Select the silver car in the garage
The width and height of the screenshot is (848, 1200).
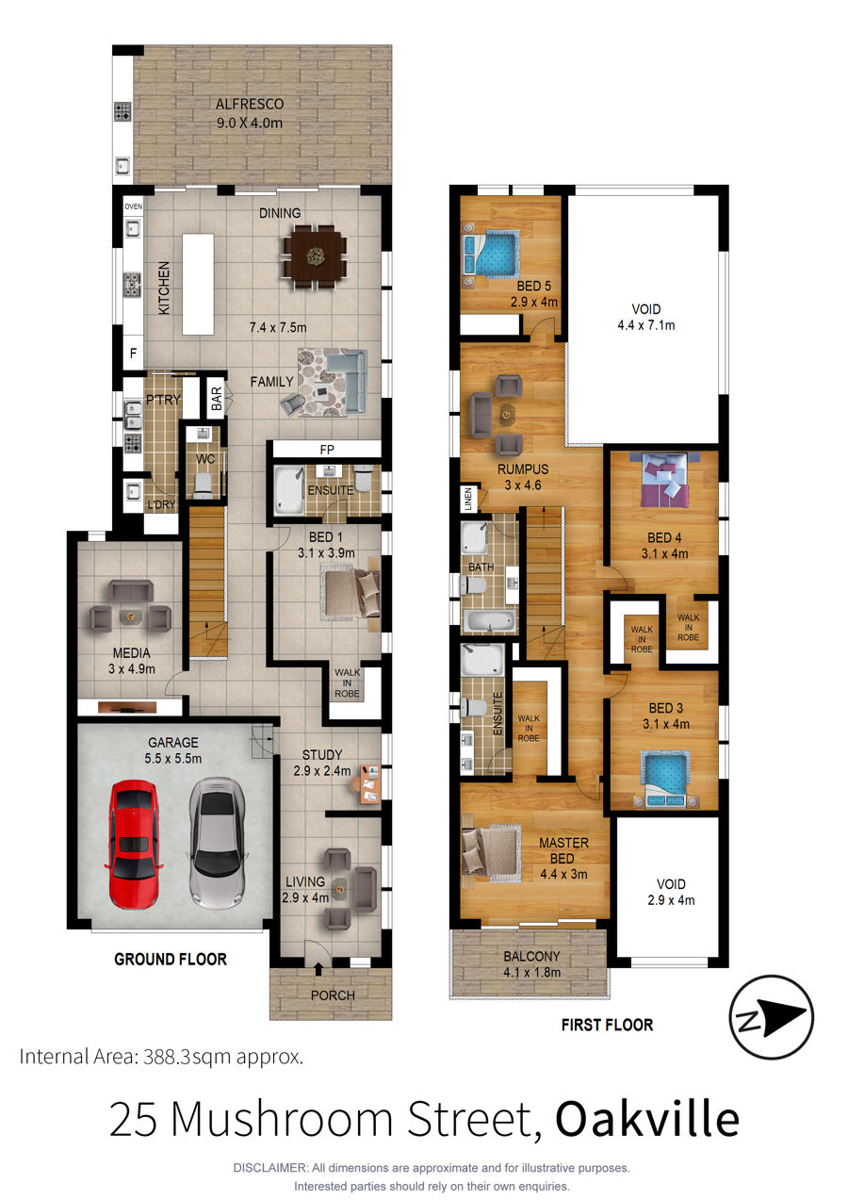pyautogui.click(x=218, y=844)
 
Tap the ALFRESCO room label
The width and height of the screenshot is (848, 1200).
pyautogui.click(x=250, y=104)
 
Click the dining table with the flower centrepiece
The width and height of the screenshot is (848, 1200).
pyautogui.click(x=315, y=256)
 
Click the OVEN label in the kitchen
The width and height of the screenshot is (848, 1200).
pyautogui.click(x=133, y=206)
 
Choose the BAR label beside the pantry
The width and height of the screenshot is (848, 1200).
pyautogui.click(x=217, y=399)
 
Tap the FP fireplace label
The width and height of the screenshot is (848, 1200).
pyautogui.click(x=327, y=450)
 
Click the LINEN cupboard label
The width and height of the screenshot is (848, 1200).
pyautogui.click(x=468, y=500)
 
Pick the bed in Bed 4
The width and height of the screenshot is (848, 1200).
pyautogui.click(x=664, y=480)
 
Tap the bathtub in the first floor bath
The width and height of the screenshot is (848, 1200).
pyautogui.click(x=490, y=621)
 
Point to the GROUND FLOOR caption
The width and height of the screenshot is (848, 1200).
pyautogui.click(x=171, y=959)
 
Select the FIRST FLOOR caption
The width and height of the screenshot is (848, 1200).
pyautogui.click(x=607, y=1025)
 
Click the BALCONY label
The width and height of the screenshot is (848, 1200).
pyautogui.click(x=531, y=956)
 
